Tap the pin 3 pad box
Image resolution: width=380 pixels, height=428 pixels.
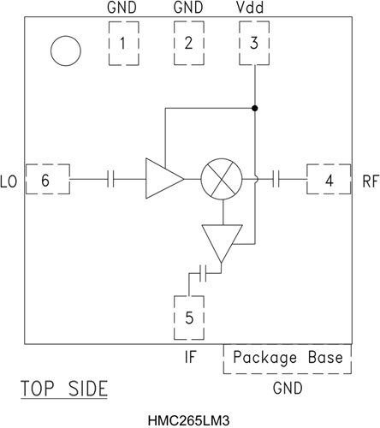click(254, 43)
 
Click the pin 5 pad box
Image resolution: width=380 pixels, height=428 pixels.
click(189, 317)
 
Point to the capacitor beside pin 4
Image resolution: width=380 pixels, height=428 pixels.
click(279, 180)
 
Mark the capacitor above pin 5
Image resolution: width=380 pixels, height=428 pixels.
click(203, 272)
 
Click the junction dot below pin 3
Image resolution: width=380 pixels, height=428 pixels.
click(254, 108)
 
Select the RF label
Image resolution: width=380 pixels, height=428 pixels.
click(369, 181)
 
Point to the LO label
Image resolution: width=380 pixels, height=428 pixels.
click(9, 181)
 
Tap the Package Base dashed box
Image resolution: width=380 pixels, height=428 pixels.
click(288, 358)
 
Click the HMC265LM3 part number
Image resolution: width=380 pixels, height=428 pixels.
click(188, 419)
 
